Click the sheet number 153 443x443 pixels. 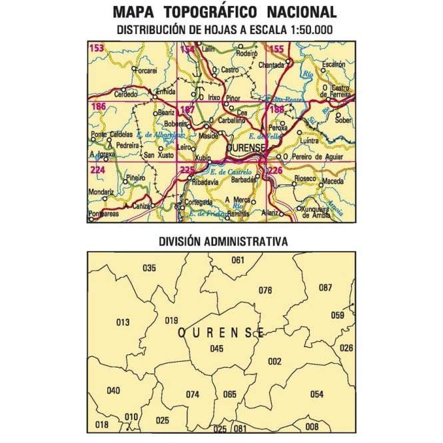coord(97,48)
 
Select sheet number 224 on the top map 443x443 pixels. coord(97,169)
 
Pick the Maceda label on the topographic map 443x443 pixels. coord(334,181)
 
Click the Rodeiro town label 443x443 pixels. coord(246,53)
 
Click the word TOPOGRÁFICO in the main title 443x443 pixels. coord(211,12)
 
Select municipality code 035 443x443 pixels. coord(149,268)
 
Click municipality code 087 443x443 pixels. coord(325,288)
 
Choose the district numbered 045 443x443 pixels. coord(217,348)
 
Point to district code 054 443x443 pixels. coord(316,394)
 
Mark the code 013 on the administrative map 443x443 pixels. coord(123,323)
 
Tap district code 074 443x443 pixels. coord(193,394)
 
